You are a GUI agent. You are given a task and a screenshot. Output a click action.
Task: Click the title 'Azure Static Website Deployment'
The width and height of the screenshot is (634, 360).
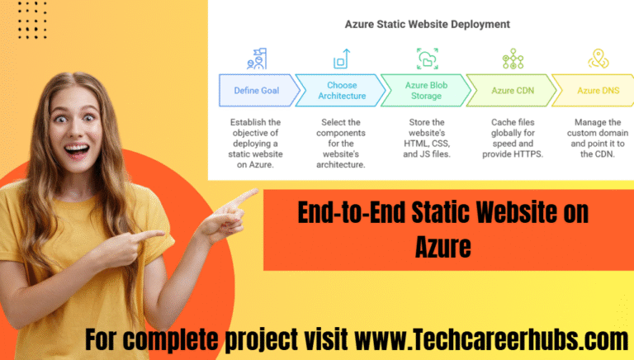coord(427,24)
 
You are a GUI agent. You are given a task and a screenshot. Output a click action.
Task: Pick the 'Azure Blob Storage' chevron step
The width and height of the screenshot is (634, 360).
coord(423,90)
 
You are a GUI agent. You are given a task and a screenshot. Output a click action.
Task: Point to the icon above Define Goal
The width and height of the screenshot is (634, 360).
coord(257,59)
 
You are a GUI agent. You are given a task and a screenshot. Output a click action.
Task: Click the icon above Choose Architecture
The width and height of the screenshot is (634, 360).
coord(341,59)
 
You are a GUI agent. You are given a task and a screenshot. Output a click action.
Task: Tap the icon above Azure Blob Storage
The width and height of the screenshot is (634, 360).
coord(427,59)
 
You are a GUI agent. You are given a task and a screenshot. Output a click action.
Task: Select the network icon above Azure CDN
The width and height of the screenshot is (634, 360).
coord(513,59)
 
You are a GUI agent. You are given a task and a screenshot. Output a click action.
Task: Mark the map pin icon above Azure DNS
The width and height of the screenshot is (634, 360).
coord(599,59)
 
